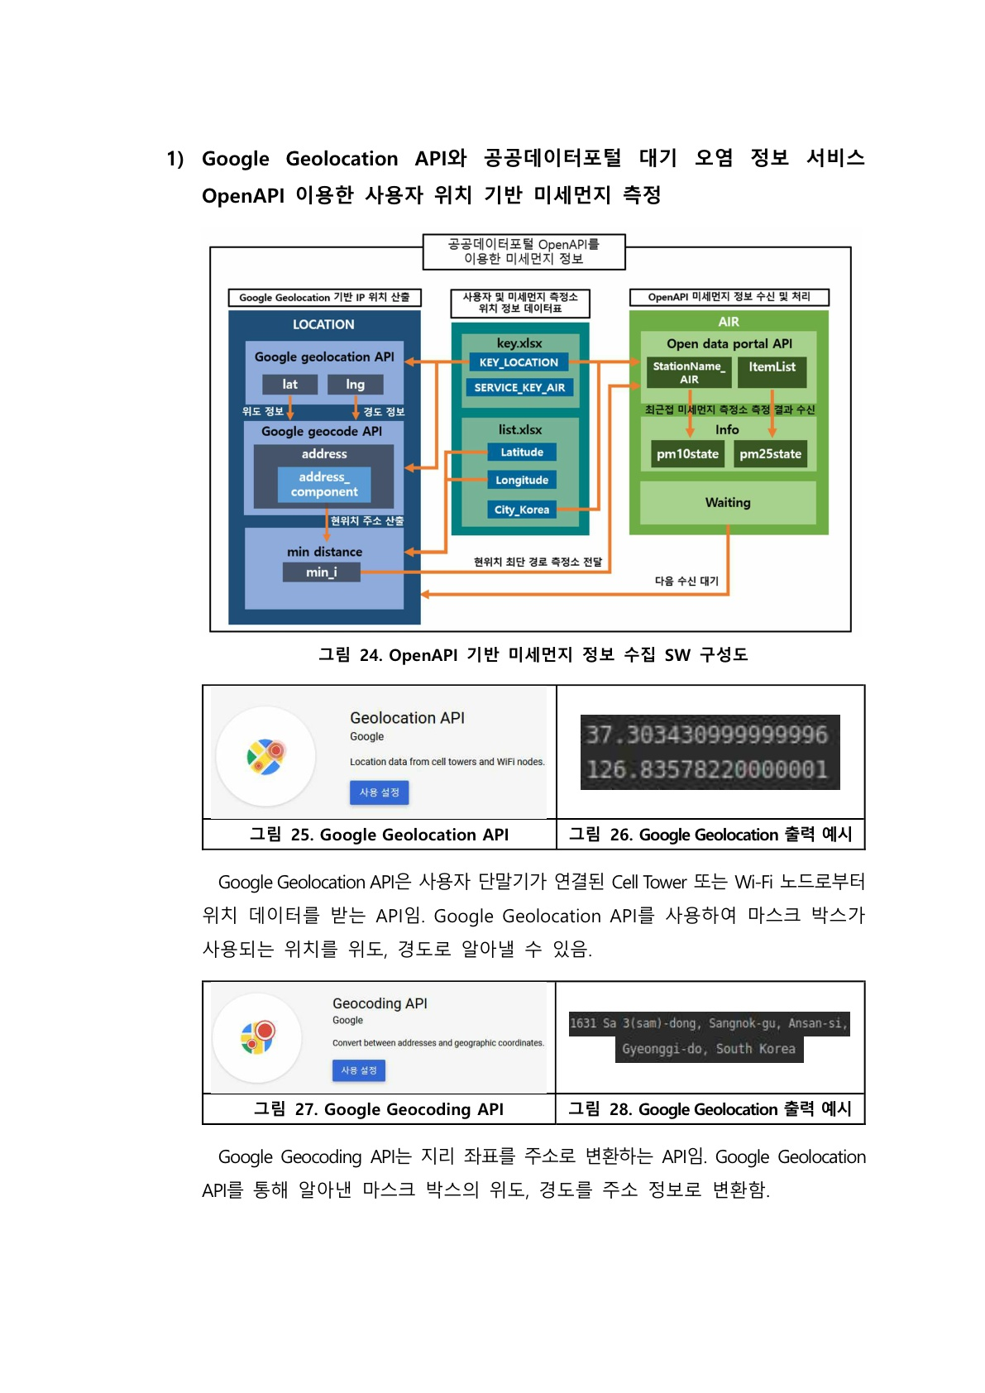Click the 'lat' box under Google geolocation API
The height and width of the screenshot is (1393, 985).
pyautogui.click(x=289, y=385)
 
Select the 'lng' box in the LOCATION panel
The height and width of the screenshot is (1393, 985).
pyautogui.click(x=355, y=385)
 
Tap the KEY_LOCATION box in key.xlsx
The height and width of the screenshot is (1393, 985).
pyautogui.click(x=519, y=362)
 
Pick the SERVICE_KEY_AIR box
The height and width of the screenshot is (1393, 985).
pyautogui.click(x=519, y=387)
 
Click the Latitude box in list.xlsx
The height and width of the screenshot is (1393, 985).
pyautogui.click(x=522, y=452)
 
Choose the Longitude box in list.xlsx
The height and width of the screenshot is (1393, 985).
pyautogui.click(x=522, y=480)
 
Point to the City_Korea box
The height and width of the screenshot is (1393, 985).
pyautogui.click(x=522, y=510)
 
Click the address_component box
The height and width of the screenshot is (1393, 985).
pyautogui.click(x=324, y=485)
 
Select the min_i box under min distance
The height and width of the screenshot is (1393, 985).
pyautogui.click(x=322, y=572)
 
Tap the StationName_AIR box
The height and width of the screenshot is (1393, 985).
pyautogui.click(x=689, y=372)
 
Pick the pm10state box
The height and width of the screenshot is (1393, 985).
pyautogui.click(x=687, y=453)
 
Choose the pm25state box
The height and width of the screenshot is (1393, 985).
pyautogui.click(x=770, y=453)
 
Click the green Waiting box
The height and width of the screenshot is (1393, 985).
pyautogui.click(x=728, y=502)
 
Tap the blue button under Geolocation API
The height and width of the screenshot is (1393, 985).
pyautogui.click(x=379, y=792)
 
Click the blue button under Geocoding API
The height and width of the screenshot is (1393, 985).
pyautogui.click(x=358, y=1070)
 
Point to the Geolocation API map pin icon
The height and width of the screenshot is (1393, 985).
pyautogui.click(x=265, y=756)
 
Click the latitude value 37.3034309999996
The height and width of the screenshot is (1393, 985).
pyautogui.click(x=707, y=735)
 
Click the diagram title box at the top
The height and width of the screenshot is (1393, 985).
pyautogui.click(x=524, y=251)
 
